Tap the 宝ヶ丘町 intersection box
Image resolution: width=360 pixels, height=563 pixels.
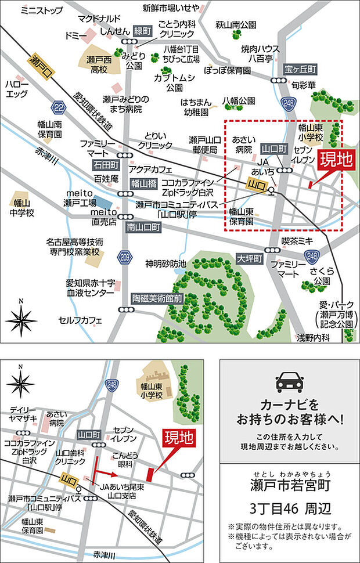tap(301, 70)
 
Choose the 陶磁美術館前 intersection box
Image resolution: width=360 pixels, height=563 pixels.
tap(157, 298)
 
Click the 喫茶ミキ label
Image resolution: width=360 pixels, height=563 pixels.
tap(297, 240)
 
